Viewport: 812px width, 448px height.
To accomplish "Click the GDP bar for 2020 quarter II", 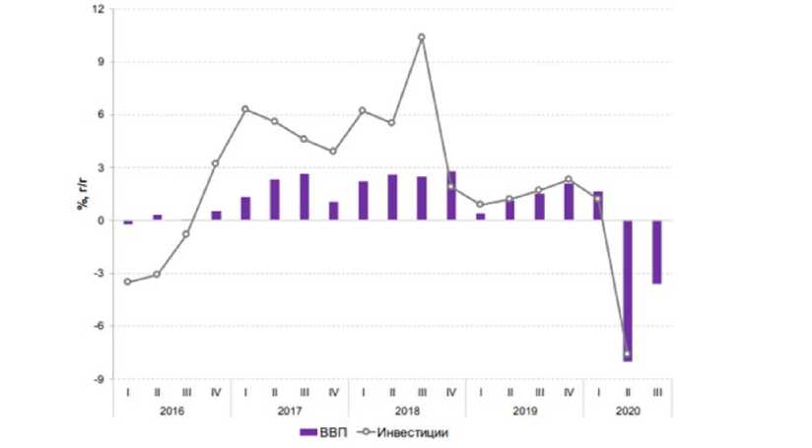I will (627, 290).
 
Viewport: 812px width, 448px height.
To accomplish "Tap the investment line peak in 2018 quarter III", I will (422, 37).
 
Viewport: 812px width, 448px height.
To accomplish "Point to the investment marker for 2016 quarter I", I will (127, 282).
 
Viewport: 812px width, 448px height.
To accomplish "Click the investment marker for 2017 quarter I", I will (245, 108).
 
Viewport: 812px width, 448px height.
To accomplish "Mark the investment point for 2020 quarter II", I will (627, 353).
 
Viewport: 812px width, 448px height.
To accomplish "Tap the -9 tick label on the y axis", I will (97, 378).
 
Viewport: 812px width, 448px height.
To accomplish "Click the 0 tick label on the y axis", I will (100, 221).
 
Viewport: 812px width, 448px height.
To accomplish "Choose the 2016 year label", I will (171, 410).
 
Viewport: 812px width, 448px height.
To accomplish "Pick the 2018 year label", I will (407, 410).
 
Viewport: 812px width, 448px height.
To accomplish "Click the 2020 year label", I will (628, 410).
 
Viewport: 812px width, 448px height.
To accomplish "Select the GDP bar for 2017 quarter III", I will (304, 197).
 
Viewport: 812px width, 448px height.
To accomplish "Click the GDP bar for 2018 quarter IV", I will (451, 196).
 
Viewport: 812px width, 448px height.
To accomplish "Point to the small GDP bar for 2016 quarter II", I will (157, 217).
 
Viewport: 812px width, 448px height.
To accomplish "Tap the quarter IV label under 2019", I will (569, 392).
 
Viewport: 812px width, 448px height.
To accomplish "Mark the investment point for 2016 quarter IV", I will (216, 163).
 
